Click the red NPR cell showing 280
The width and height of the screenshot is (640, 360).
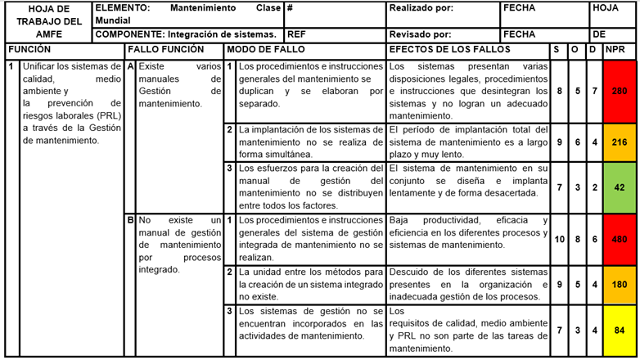pyautogui.click(x=620, y=92)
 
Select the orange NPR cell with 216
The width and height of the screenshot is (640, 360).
pyautogui.click(x=620, y=142)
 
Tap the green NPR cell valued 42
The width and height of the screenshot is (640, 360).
pyautogui.click(x=620, y=187)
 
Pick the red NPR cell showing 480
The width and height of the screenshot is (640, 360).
pyautogui.click(x=620, y=239)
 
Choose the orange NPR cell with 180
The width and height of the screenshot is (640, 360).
pyautogui.click(x=620, y=284)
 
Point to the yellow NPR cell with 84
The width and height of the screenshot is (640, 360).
pyautogui.click(x=620, y=331)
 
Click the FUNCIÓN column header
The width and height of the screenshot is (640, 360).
pyautogui.click(x=29, y=51)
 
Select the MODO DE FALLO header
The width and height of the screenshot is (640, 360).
pyautogui.click(x=266, y=51)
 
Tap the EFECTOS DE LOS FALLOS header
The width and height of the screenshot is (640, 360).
pyautogui.click(x=449, y=51)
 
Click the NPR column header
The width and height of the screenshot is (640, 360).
pyautogui.click(x=615, y=51)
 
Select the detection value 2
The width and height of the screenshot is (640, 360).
pyautogui.click(x=593, y=187)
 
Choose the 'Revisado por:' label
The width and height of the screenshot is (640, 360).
pyautogui.click(x=420, y=35)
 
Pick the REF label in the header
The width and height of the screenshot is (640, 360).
pyautogui.click(x=296, y=35)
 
